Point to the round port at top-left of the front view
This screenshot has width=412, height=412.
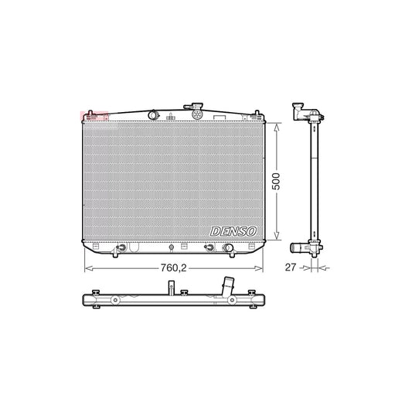click(155, 116)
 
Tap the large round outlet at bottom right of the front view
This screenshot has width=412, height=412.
click(229, 249)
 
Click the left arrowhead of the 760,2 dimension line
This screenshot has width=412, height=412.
click(86, 267)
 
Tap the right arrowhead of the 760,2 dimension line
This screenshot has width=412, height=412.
click(264, 267)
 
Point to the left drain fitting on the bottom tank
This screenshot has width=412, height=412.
click(121, 249)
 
